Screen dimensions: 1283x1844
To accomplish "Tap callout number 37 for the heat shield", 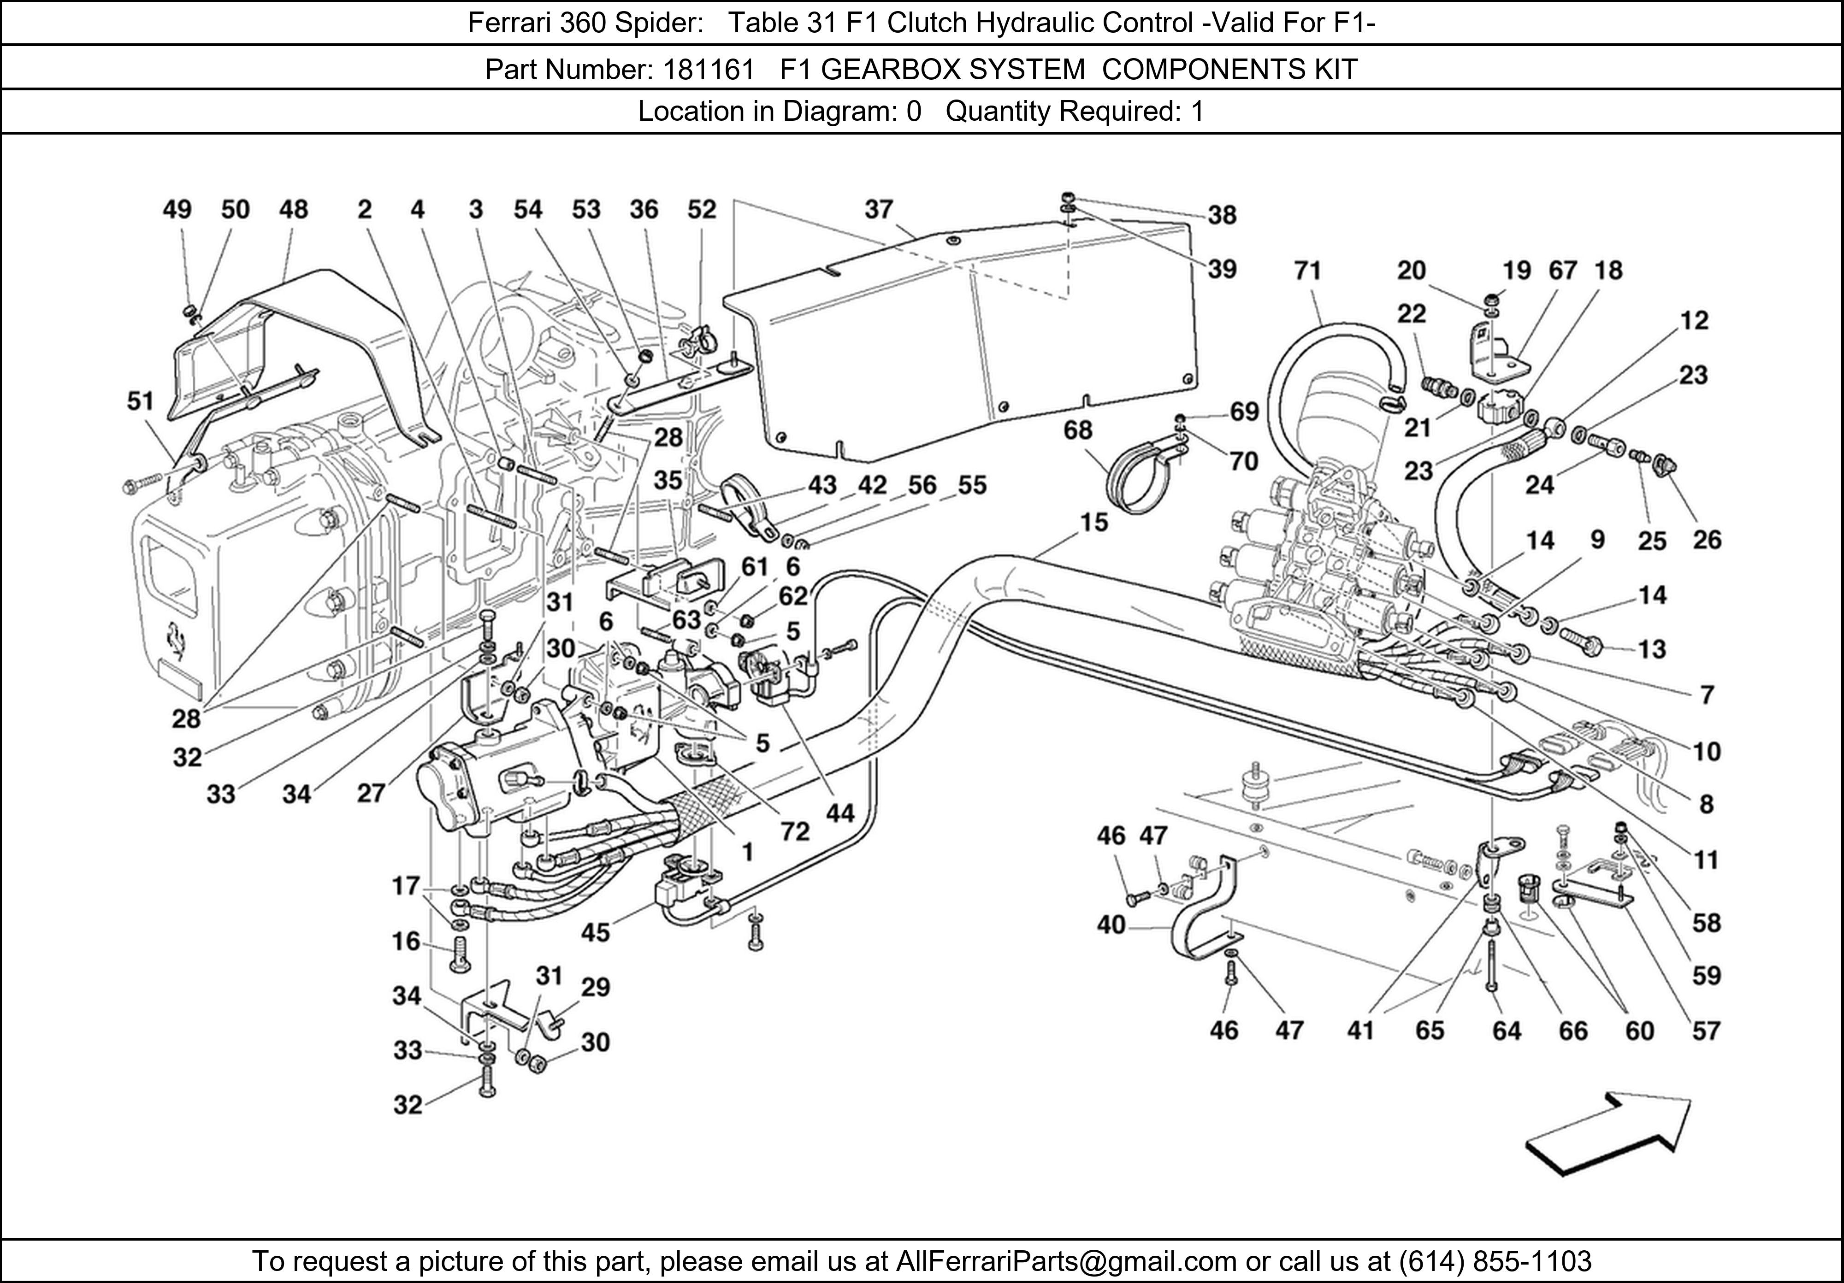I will coord(879,210).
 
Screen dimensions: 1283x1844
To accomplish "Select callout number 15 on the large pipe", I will coord(1094,523).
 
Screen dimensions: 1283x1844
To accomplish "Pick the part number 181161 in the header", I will coord(709,70).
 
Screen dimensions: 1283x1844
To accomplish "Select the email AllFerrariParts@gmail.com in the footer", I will coord(1066,1261).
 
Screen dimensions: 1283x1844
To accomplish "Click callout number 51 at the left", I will coord(141,400).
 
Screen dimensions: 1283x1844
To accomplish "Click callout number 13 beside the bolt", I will coord(1652,649).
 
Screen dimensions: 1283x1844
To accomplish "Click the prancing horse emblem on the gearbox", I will coord(174,638).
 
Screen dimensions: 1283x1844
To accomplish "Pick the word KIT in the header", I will coord(1336,70).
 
